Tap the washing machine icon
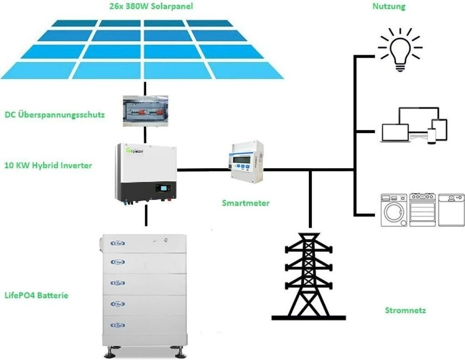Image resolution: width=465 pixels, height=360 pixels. tap(394, 210)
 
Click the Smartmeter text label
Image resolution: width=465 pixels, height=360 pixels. tap(246, 203)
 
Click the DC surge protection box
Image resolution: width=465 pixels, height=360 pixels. tap(145, 111)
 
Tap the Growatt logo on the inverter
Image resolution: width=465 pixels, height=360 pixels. tap(135, 151)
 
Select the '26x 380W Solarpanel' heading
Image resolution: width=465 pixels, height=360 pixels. tap(151, 6)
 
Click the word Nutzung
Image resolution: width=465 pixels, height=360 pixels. tap(389, 6)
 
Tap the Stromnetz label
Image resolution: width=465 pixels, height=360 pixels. tap(406, 310)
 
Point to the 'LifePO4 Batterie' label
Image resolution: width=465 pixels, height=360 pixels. tap(36, 295)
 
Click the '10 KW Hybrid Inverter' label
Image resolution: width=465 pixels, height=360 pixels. tap(48, 165)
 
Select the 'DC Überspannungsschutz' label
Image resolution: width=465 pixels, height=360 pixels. tap(55, 115)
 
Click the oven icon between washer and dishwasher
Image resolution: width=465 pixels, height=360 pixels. tap(422, 210)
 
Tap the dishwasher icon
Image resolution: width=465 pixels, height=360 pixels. tap(451, 210)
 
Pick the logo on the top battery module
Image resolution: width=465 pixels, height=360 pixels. tap(118, 243)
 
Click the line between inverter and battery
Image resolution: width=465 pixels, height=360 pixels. tap(146, 215)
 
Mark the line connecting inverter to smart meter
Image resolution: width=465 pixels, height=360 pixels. tap(204, 170)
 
